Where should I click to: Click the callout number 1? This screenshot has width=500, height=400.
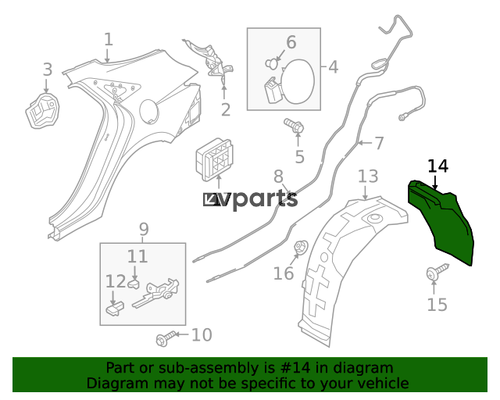109,40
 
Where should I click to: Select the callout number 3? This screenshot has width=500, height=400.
48,70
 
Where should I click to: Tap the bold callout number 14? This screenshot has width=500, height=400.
437,166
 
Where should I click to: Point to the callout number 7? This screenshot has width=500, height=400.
379,143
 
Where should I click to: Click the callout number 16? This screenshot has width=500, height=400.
284,273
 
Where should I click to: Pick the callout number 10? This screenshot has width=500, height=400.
202,335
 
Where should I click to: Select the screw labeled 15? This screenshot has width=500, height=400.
437,271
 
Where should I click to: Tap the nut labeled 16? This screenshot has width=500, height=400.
300,247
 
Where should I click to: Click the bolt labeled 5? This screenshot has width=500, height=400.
294,126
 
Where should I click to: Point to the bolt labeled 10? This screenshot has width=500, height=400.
166,338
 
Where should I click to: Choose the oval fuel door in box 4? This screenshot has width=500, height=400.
298,82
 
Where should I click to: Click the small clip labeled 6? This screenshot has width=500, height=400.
271,63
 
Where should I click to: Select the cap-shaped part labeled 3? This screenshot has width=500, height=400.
42,111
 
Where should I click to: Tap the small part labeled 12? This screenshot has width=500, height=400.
115,308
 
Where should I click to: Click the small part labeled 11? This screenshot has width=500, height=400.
134,284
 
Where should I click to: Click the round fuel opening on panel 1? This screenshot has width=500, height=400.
149,112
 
